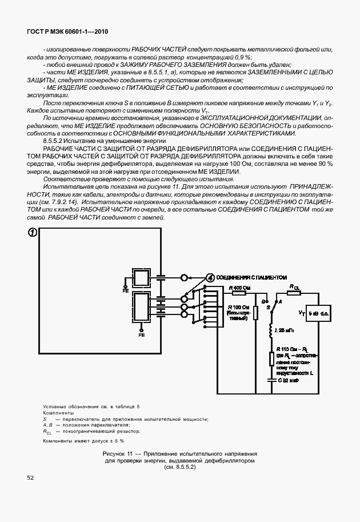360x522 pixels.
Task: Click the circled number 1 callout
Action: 33,233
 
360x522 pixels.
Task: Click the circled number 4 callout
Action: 209,278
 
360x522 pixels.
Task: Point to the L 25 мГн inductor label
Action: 287,331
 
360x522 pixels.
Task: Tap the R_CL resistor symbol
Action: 294,293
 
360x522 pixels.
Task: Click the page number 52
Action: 31,477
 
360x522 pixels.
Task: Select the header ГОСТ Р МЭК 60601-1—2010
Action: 67,33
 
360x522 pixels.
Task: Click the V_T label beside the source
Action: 302,313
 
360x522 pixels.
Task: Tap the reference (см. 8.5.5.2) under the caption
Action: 180,467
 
